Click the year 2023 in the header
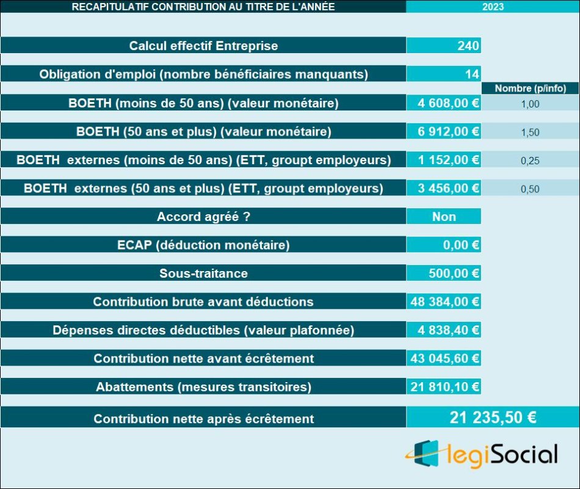(x=493, y=7)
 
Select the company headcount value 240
(x=468, y=46)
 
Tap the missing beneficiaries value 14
(x=472, y=74)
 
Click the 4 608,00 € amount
(x=448, y=103)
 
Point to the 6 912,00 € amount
(x=448, y=131)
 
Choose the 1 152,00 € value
(x=448, y=160)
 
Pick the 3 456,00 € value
(x=448, y=188)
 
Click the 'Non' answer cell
(x=444, y=217)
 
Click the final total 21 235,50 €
(x=493, y=418)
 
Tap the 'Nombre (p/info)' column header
(x=530, y=89)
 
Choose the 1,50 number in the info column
(x=530, y=132)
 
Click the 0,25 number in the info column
(x=530, y=161)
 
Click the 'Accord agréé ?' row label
(x=203, y=217)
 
